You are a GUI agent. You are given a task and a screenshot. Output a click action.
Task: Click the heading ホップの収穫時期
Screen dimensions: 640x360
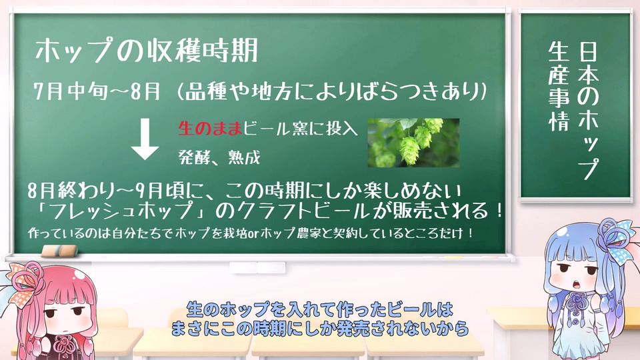147,51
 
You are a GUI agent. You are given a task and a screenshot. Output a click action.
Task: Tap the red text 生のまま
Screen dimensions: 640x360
210,129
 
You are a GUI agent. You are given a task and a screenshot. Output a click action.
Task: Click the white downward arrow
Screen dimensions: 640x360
145,139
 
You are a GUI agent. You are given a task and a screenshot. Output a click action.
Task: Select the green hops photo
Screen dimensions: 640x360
413,143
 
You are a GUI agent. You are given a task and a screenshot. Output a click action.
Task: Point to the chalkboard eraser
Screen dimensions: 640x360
59,251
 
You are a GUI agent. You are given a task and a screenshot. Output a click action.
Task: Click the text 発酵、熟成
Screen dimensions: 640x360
219,157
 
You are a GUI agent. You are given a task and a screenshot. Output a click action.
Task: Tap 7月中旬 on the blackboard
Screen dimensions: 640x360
70,91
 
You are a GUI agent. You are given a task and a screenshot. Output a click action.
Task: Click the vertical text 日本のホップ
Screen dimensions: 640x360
588,110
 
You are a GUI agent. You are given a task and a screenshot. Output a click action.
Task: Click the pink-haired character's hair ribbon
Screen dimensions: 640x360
23,281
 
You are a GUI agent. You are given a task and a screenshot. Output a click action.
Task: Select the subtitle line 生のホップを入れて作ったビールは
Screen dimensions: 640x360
320,310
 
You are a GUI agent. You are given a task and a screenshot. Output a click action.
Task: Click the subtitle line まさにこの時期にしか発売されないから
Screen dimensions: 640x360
320,328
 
